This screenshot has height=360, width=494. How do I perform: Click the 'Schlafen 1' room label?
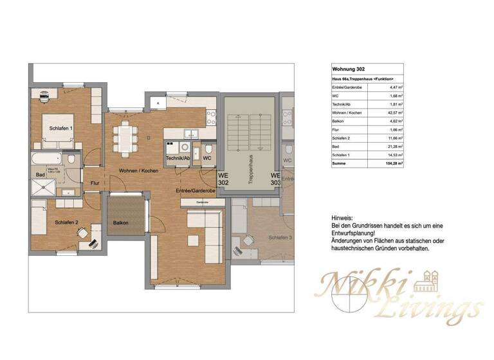click(62, 129)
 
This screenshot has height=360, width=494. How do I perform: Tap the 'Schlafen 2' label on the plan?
click(66, 222)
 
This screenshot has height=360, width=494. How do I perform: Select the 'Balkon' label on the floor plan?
click(120, 223)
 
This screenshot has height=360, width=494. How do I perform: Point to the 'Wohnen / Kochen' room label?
click(138, 170)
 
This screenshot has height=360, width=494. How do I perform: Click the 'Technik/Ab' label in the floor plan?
click(178, 158)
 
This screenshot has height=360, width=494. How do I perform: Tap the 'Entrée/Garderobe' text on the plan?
click(195, 191)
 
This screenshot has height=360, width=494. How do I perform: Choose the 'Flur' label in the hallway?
click(95, 183)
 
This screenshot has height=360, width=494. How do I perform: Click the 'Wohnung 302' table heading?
click(348, 68)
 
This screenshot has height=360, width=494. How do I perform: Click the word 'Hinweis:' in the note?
click(342, 219)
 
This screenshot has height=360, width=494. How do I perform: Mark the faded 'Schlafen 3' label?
click(280, 237)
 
